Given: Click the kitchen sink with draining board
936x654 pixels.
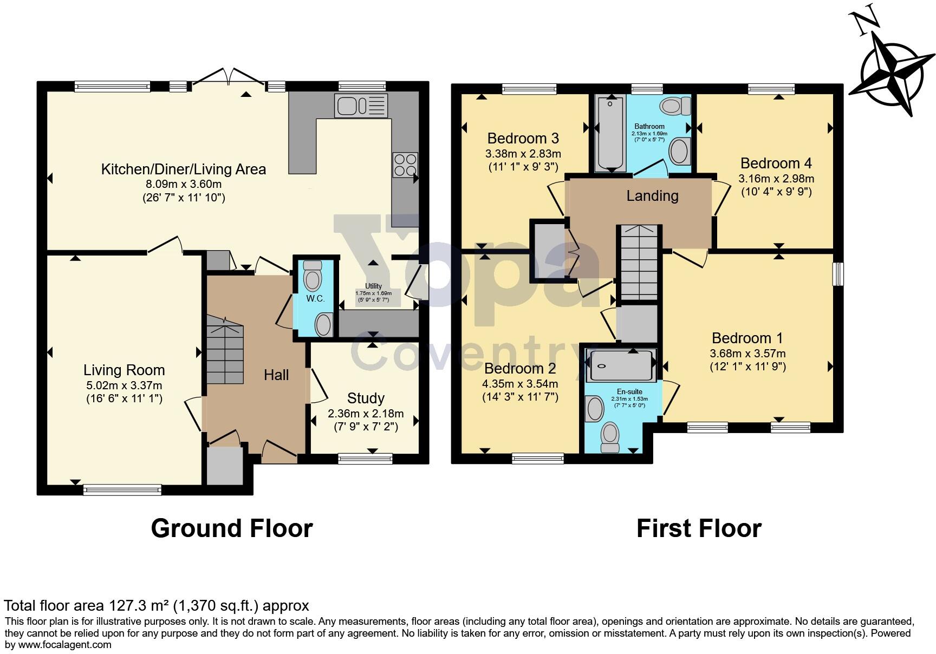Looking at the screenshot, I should tap(361, 105).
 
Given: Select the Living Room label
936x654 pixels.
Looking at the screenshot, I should tap(124, 370).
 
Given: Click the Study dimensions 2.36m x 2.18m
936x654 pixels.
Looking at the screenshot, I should tap(366, 414).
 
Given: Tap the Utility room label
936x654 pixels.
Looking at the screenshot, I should tap(373, 286).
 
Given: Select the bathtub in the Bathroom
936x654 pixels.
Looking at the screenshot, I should tap(611, 134).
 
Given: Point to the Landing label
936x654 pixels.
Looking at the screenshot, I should tap(652, 196).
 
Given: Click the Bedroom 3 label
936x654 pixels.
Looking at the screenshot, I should tap(523, 138).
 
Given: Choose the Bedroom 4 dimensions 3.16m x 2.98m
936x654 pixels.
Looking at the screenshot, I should tap(776, 179).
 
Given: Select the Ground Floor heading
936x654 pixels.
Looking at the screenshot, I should tap(232, 528).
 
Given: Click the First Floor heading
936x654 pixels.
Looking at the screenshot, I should tap(699, 528).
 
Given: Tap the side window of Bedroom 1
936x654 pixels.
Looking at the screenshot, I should tap(838, 274).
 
